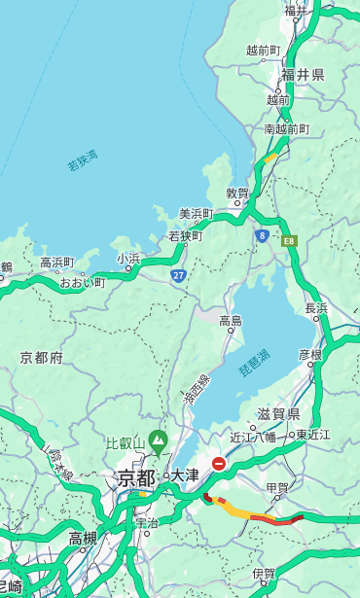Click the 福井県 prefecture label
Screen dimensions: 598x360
304,74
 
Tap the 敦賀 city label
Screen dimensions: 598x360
237,193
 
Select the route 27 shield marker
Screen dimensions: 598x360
178,276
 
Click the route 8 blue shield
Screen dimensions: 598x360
262,235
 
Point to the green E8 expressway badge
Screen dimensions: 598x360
289,239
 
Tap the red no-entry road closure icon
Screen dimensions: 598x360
219,464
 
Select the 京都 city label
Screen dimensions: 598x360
136,477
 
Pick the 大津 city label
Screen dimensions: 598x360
185,475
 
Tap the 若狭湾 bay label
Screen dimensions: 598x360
83,159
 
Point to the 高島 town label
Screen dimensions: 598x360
231,321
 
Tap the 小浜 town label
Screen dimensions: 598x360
128,258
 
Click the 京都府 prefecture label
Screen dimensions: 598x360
42,358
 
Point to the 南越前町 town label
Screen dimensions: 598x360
286,128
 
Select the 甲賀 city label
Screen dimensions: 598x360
277,486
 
